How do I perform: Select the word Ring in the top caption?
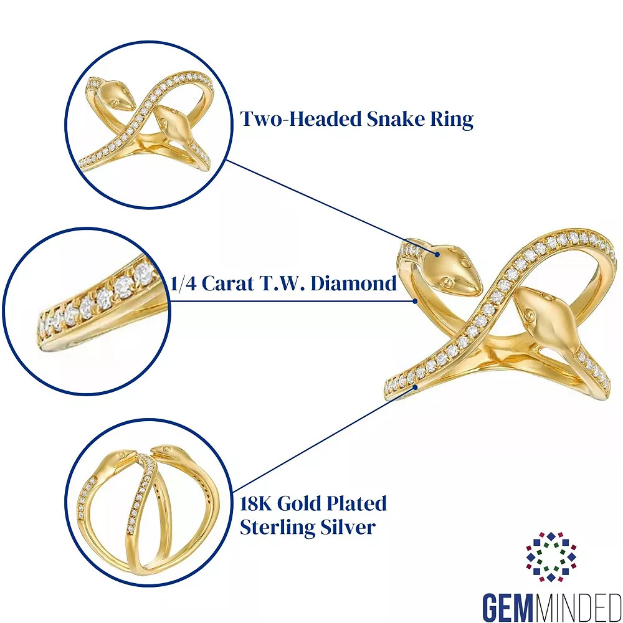[x=453, y=120]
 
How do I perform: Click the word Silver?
[x=350, y=528]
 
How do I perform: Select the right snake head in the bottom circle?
[x=166, y=453]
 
